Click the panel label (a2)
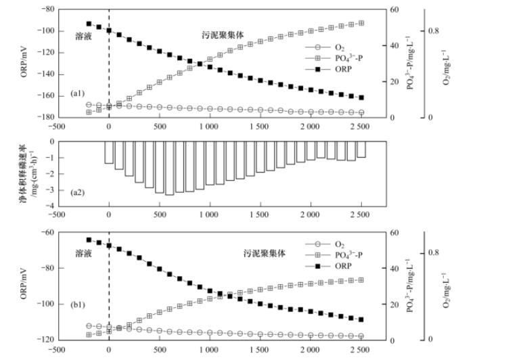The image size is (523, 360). pos(77,192)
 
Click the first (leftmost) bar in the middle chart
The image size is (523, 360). pos(109,152)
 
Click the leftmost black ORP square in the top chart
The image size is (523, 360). pos(89,24)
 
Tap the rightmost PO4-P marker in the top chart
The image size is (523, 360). pos(361,23)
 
